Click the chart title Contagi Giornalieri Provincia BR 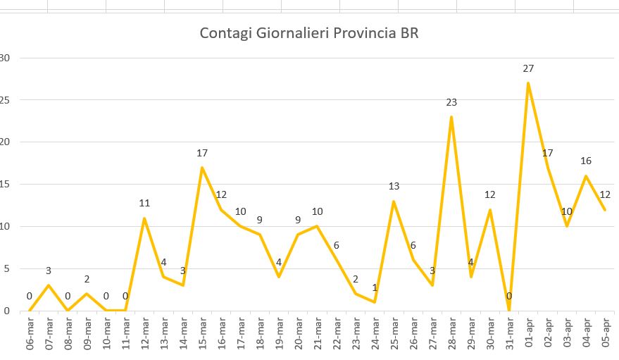tap(309, 33)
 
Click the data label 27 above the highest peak tap(528, 68)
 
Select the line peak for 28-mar tap(451, 117)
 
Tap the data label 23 tap(451, 102)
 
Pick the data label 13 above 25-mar tap(394, 186)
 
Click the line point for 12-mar tap(144, 218)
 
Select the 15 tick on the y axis tap(5, 184)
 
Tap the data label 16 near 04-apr tap(586, 161)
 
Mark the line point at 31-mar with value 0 tap(509, 310)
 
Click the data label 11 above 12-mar tap(144, 203)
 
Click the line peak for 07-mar tap(49, 285)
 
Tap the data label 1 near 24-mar tap(375, 287)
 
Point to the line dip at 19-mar tap(279, 277)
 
